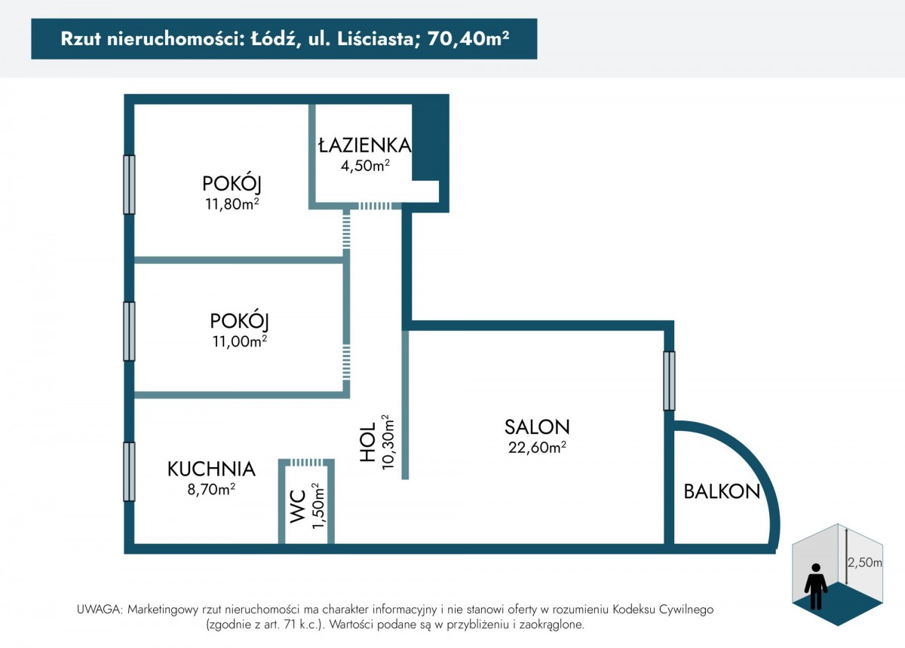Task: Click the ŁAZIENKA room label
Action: click(x=365, y=145)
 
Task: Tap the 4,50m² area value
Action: click(x=365, y=166)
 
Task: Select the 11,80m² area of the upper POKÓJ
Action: click(x=232, y=204)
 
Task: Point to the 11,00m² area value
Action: click(x=240, y=341)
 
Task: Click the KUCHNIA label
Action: click(x=211, y=469)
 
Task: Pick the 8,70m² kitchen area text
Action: click(x=211, y=489)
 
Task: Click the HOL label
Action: click(x=368, y=442)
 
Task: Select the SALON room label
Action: click(x=537, y=427)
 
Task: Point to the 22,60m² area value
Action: click(x=537, y=448)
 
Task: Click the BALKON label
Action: click(x=722, y=492)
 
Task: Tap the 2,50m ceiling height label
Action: click(x=864, y=562)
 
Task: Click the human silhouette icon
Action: click(x=816, y=586)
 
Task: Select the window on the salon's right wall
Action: click(x=669, y=381)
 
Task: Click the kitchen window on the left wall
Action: click(x=129, y=472)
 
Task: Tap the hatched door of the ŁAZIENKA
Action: click(x=375, y=206)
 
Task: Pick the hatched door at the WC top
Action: click(x=306, y=463)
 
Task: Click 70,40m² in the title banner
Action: click(x=468, y=38)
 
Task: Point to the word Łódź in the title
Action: click(x=275, y=38)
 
